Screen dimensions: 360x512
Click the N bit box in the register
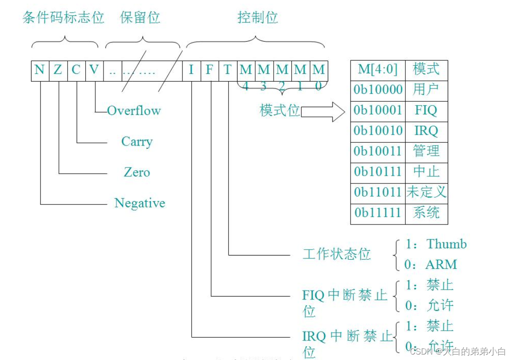(x=40, y=70)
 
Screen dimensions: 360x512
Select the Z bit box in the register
(x=58, y=70)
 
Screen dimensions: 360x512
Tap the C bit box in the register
(x=76, y=70)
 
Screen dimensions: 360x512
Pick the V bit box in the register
(x=94, y=70)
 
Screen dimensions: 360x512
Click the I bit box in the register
(x=191, y=70)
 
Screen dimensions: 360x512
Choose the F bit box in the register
(x=210, y=70)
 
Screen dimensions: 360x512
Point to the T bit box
(x=228, y=70)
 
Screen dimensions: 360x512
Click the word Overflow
(x=134, y=110)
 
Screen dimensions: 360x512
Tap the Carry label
(x=137, y=141)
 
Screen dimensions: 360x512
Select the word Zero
(x=137, y=172)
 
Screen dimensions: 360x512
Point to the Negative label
(x=140, y=203)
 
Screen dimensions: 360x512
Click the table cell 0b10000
(x=378, y=90)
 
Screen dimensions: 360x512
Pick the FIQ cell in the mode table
(x=426, y=110)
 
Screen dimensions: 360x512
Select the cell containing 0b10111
(x=378, y=172)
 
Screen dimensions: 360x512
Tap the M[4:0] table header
(x=378, y=70)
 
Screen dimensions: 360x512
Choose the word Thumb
(x=447, y=244)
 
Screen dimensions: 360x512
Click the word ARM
(x=441, y=265)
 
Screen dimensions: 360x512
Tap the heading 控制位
(x=258, y=18)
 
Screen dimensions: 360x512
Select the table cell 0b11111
(x=378, y=213)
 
